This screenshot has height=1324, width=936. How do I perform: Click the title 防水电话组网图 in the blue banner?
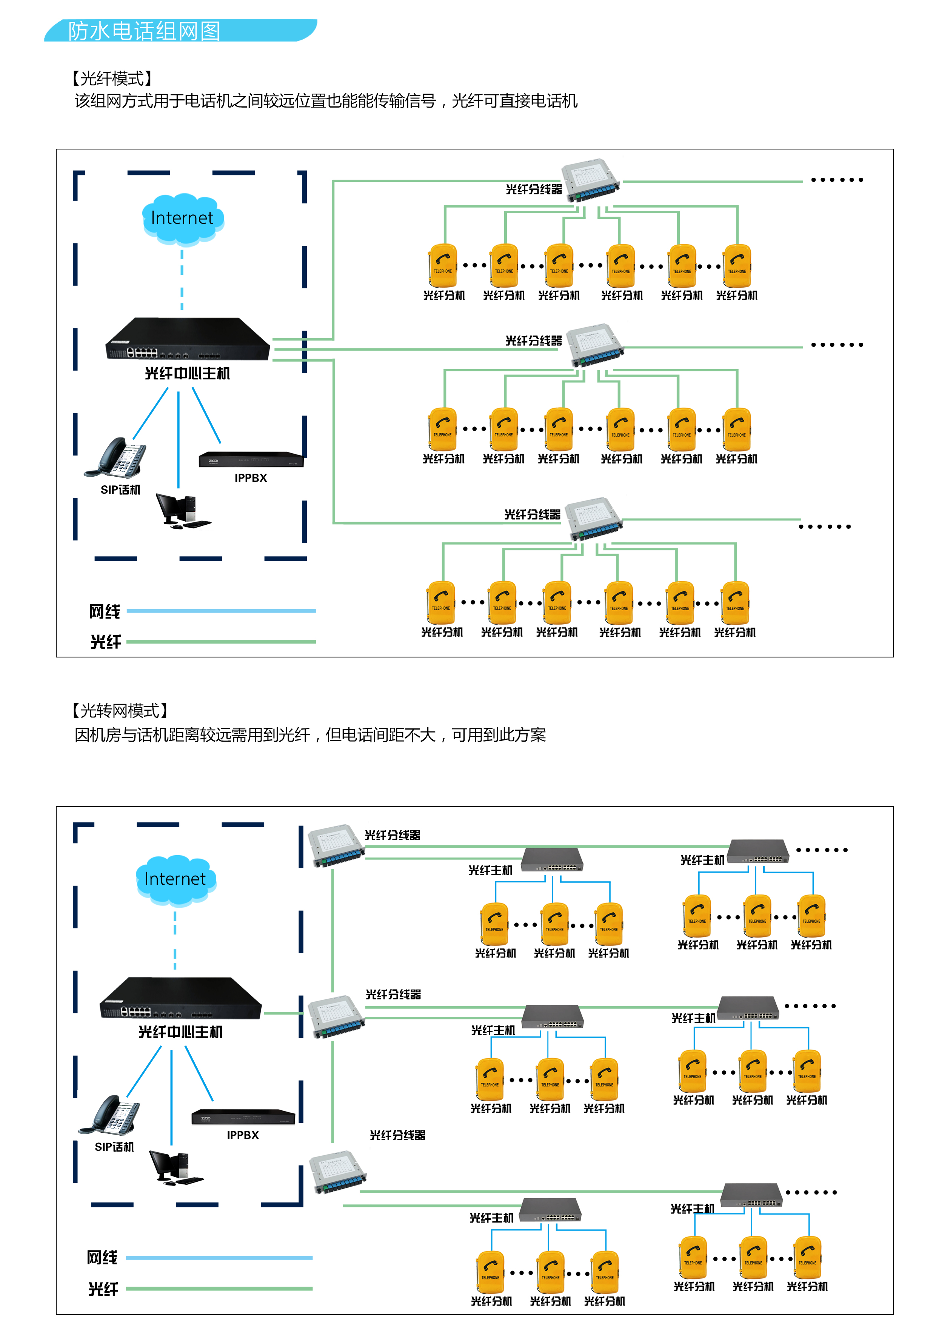[144, 31]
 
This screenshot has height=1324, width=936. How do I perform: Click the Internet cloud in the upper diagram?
[182, 219]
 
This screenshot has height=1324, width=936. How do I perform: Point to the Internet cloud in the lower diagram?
[175, 879]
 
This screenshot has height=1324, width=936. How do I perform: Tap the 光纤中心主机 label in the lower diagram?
[180, 1031]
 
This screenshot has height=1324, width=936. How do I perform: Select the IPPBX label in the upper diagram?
[251, 478]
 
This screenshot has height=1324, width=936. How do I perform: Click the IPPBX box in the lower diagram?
[243, 1116]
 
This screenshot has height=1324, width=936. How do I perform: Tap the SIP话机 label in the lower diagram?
[114, 1146]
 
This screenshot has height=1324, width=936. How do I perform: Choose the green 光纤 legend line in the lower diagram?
[219, 1288]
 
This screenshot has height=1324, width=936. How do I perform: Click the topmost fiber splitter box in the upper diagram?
[591, 181]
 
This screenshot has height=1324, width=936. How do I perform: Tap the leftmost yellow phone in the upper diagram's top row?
[443, 266]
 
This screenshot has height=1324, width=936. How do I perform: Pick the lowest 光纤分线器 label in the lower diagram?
[397, 1135]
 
